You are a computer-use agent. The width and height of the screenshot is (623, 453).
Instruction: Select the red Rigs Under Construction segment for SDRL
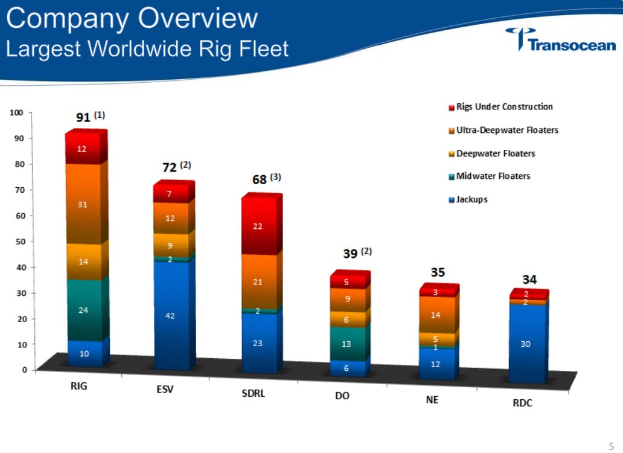pos(258,226)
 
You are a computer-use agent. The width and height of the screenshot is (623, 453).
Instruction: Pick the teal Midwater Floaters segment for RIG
pos(84,309)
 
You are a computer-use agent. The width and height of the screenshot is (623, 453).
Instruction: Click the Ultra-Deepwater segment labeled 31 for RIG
pos(84,204)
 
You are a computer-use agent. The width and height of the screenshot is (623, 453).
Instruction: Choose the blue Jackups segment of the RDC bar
pos(525,343)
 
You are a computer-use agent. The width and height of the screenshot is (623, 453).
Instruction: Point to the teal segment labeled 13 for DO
pos(346,344)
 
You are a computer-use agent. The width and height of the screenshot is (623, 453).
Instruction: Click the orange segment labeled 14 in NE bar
pos(435,314)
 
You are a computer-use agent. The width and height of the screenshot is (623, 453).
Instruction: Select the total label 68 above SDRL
pos(260,180)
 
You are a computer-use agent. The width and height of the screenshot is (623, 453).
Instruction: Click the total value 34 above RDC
pos(529,280)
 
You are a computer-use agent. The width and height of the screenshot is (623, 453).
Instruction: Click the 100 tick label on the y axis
pos(16,112)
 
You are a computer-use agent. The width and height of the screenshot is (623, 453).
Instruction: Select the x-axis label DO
pos(342,397)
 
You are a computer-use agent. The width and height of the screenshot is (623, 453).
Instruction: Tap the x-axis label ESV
pos(164,389)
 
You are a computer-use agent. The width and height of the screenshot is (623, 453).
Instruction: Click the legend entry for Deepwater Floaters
pos(495,153)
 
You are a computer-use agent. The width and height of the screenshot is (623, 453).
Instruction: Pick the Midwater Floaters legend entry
pos(493,176)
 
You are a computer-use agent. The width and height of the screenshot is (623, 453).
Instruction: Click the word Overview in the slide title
pos(199,19)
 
